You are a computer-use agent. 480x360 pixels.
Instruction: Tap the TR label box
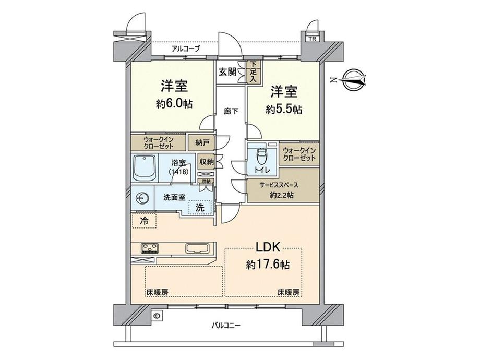pos(312,39)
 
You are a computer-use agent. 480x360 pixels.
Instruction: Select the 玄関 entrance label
pos(227,72)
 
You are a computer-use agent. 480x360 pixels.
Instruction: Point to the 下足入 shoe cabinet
pos(253,72)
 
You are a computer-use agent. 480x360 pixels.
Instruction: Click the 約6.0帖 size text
pos(174,104)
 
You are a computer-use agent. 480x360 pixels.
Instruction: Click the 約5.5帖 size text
pos(284,109)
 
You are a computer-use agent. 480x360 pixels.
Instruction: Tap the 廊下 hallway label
pos(231,112)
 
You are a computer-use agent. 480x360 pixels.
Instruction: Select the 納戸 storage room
pos(202,142)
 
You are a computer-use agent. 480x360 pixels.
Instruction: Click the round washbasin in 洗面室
pos(142,198)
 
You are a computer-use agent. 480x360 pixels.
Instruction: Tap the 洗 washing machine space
pos(200,208)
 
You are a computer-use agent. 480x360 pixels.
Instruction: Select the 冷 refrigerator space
pos(144,221)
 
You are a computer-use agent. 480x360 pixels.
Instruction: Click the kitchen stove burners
pos(149,248)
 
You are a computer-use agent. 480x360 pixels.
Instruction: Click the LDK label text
pos(268,247)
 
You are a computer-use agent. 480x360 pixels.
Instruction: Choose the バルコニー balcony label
pos(225,325)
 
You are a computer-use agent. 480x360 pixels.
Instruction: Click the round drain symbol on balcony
pos(158,316)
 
